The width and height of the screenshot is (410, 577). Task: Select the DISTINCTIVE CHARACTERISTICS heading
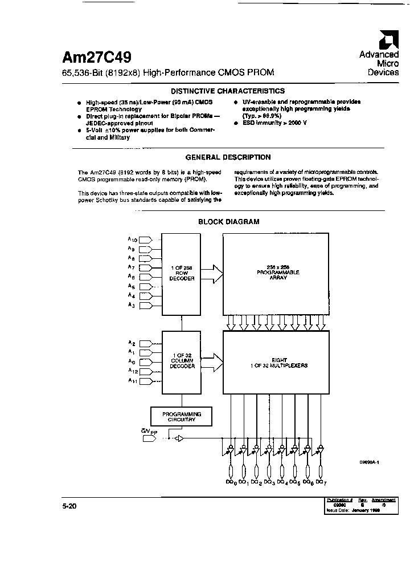click(x=228, y=91)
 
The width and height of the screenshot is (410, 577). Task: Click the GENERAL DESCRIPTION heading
click(x=228, y=157)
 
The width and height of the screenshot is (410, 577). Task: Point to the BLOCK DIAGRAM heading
click(x=228, y=222)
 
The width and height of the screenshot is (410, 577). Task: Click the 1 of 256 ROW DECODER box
click(x=182, y=273)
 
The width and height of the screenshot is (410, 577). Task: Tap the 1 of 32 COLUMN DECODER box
click(x=182, y=363)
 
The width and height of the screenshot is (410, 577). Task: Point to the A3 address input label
click(x=132, y=306)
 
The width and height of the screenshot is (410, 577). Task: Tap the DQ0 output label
click(x=231, y=483)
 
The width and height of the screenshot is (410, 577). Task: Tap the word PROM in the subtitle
click(x=261, y=73)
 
